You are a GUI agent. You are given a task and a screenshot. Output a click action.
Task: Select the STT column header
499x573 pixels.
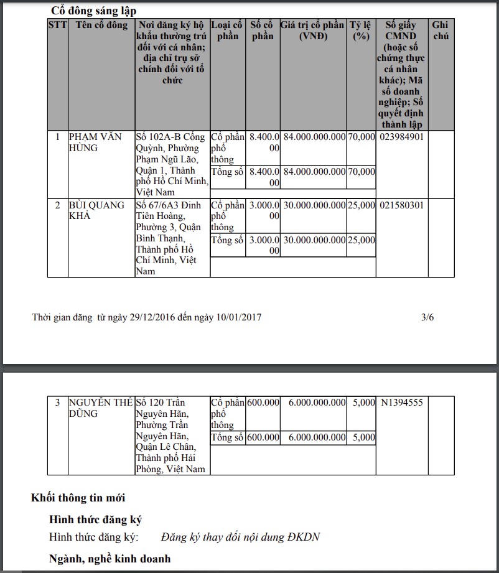tap(58, 26)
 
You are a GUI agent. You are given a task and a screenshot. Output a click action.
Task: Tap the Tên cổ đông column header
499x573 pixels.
tap(101, 26)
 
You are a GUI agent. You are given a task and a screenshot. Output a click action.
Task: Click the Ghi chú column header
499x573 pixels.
tap(440, 30)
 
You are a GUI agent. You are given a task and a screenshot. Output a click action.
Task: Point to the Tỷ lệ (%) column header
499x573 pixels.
tap(360, 30)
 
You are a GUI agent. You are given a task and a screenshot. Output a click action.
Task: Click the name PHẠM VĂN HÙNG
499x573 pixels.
tap(95, 142)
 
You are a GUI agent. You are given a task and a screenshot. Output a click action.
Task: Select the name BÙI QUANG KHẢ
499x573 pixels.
tap(96, 210)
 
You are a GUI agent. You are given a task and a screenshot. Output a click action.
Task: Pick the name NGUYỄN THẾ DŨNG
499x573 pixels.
tap(100, 408)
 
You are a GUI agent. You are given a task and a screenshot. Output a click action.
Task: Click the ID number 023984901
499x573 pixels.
tap(402, 137)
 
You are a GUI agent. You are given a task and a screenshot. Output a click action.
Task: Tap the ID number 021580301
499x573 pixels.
tap(402, 205)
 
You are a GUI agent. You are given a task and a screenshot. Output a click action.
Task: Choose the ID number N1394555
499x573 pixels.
tap(402, 403)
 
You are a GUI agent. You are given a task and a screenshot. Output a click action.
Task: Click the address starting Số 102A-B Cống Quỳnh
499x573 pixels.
tap(171, 164)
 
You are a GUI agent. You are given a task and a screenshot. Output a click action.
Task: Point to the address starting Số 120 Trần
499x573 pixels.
tap(170, 436)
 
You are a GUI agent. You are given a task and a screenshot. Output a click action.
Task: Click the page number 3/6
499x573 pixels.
tap(427, 317)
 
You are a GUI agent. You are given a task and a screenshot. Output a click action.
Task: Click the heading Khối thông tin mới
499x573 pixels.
tap(78, 498)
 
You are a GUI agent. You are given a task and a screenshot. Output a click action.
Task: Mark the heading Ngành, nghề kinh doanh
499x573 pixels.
tap(110, 559)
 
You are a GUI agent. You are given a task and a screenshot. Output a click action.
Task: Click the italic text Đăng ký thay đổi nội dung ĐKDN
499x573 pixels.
tap(240, 537)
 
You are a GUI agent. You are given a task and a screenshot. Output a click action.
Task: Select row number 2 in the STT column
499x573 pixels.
tap(58, 205)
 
